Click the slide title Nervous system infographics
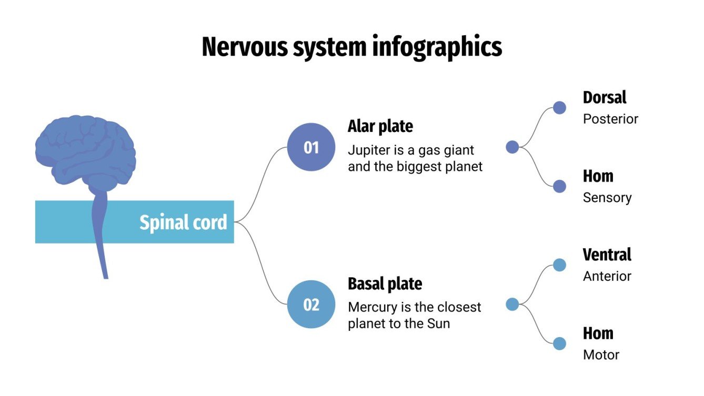(x=351, y=47)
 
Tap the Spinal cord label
(x=183, y=222)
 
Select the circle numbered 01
(x=311, y=147)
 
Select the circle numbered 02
(x=311, y=304)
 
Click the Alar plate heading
(x=380, y=126)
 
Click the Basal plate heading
(x=385, y=284)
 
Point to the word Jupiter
(x=367, y=150)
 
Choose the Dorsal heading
(x=605, y=97)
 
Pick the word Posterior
(x=610, y=119)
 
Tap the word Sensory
(x=607, y=198)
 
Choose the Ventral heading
(x=607, y=255)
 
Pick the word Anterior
(x=607, y=276)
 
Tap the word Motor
(x=601, y=355)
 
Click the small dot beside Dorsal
(x=559, y=108)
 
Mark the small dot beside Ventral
(x=559, y=265)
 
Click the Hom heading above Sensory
(x=598, y=176)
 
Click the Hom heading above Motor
(x=598, y=333)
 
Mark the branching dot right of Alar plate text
(x=512, y=147)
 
